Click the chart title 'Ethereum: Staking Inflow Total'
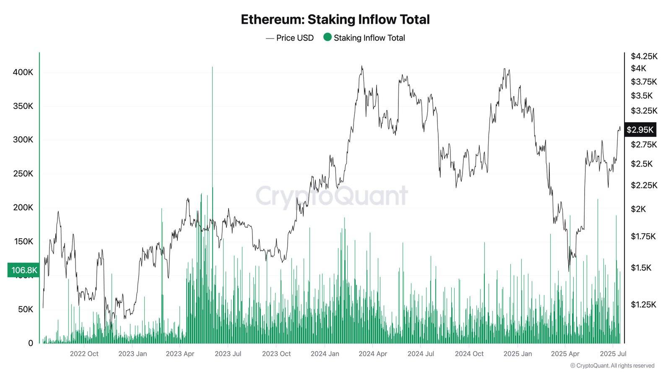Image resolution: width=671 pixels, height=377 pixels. point(335,19)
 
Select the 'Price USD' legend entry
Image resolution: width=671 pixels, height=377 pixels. point(295,38)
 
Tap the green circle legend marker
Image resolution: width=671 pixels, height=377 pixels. point(328,37)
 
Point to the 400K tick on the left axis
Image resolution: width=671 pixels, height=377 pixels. point(23,72)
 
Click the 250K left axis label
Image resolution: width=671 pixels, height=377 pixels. point(23,173)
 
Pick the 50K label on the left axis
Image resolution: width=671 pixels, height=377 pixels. point(25,309)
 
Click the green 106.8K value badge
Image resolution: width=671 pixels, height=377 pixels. point(24,270)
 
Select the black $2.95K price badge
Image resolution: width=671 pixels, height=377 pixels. point(640,130)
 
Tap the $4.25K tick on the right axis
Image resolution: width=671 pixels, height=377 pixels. point(644,56)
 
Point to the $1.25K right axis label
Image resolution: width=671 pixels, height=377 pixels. point(643,305)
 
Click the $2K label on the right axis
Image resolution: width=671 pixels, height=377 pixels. point(638,209)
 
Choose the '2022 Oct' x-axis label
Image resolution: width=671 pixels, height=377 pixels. point(84,354)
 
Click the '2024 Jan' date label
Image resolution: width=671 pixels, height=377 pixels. point(325,354)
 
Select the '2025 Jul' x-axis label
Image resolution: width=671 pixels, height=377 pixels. point(613,354)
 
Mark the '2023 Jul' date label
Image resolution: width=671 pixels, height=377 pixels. point(228,354)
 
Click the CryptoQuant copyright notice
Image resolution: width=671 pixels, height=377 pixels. point(612,366)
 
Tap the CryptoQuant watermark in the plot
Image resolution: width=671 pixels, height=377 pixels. point(331,196)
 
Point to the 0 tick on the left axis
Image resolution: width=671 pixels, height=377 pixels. point(30,343)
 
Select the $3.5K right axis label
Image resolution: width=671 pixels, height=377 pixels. point(642,96)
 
